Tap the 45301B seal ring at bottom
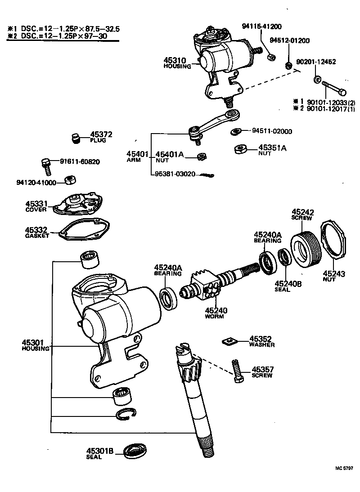pyautogui.click(x=135, y=450)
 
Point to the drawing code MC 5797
pyautogui.click(x=344, y=468)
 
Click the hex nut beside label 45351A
pyautogui.click(x=241, y=149)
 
